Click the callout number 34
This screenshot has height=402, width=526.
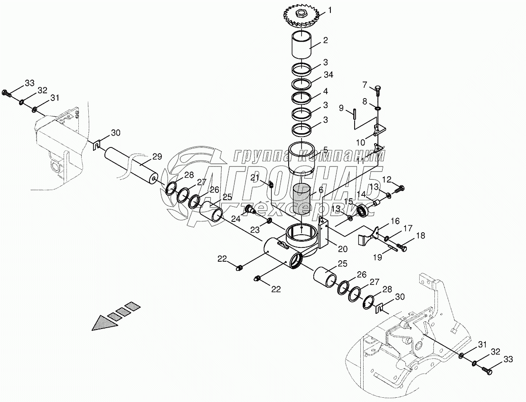(329, 75)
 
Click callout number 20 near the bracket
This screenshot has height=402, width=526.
(342, 248)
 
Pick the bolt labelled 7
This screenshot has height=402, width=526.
(378, 90)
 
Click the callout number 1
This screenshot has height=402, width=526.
(330, 10)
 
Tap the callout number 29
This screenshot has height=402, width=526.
(157, 156)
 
